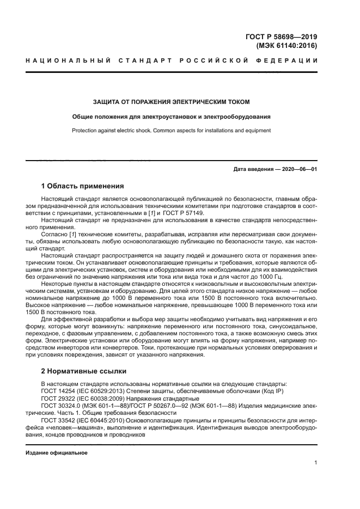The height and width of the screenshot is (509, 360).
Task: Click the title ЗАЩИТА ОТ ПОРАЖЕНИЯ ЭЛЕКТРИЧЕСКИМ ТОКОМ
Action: (172, 102)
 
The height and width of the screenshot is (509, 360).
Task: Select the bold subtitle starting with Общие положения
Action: (172, 116)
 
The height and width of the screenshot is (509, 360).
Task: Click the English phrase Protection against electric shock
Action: (115, 131)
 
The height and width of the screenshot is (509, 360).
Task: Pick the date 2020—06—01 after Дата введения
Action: (298, 169)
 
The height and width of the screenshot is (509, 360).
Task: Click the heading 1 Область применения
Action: (83, 186)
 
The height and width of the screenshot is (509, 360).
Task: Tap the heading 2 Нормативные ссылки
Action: (84, 371)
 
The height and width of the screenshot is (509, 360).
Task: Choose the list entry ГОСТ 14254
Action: (58, 391)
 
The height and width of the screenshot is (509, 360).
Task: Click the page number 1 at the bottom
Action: (315, 463)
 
